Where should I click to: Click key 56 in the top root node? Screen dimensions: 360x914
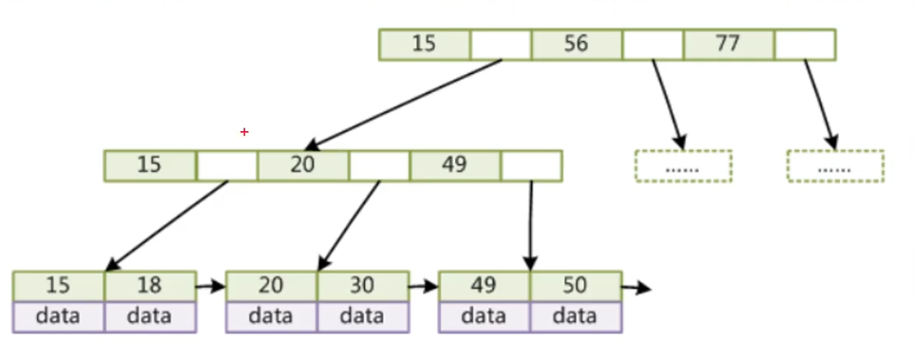(x=576, y=45)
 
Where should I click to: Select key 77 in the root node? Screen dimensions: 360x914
(x=728, y=45)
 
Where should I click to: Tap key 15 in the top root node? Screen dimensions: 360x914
(x=424, y=45)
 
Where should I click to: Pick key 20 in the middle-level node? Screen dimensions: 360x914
(x=302, y=164)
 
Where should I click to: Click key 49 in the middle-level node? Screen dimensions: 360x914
(x=454, y=164)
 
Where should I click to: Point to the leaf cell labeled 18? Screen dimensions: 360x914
(x=149, y=286)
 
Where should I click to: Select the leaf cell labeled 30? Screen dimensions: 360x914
(x=362, y=286)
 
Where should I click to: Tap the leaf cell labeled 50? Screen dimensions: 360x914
(x=576, y=286)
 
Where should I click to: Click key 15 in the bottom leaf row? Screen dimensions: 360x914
(x=58, y=286)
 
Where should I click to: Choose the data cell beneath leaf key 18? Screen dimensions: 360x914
(x=149, y=316)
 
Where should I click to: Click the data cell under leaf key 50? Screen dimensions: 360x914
(x=576, y=316)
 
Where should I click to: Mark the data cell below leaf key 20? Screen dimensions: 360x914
(x=271, y=316)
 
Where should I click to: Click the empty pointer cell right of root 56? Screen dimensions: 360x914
(x=653, y=45)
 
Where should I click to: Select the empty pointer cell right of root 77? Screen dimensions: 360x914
(x=805, y=45)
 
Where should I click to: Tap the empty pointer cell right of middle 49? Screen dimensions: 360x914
(x=531, y=164)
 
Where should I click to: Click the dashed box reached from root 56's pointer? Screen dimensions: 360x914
(x=683, y=165)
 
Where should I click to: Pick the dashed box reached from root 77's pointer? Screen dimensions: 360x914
(x=835, y=165)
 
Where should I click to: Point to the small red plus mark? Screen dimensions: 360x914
(x=244, y=132)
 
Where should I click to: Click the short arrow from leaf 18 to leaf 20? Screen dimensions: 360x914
(x=210, y=284)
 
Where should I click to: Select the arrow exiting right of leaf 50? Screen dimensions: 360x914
(x=637, y=286)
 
